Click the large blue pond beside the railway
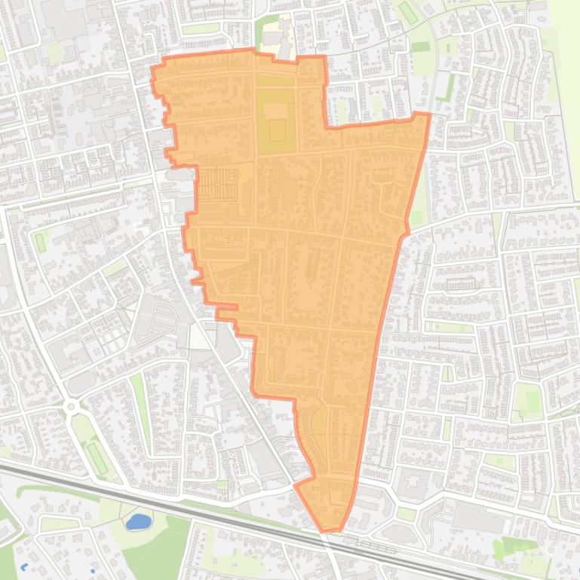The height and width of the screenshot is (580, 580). pyautogui.click(x=137, y=521)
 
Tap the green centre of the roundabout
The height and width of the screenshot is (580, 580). pyautogui.click(x=72, y=407)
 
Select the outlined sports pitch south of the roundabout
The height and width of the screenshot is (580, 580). pyautogui.click(x=96, y=456)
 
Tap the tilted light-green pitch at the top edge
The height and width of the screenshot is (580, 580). pyautogui.click(x=407, y=12)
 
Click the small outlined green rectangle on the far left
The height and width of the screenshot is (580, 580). pyautogui.click(x=40, y=242)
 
